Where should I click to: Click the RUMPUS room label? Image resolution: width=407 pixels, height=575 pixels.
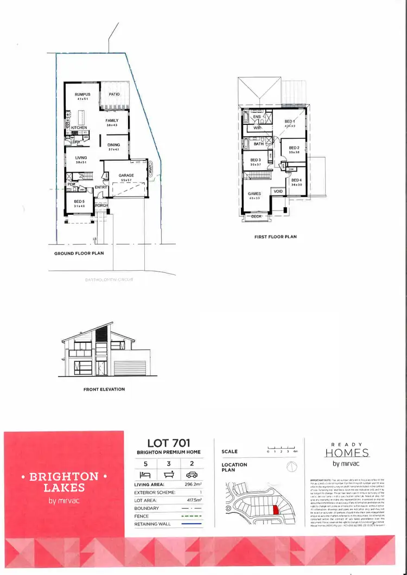(82, 94)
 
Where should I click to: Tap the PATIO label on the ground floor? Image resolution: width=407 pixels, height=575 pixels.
(114, 94)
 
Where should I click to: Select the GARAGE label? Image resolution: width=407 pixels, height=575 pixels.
(126, 176)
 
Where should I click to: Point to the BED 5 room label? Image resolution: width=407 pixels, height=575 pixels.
(79, 201)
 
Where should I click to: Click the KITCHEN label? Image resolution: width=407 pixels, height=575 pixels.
(79, 128)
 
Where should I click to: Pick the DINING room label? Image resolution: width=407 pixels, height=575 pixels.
(113, 145)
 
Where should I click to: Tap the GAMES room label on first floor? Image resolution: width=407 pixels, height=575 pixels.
(254, 194)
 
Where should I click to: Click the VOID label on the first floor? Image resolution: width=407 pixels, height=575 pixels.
(278, 191)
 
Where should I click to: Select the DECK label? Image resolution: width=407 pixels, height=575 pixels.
(257, 216)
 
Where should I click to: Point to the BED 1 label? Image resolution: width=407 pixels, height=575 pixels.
(289, 122)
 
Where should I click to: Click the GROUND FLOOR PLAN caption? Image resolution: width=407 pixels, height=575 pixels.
(79, 253)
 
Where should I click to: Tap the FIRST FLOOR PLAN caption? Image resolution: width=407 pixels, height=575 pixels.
(275, 237)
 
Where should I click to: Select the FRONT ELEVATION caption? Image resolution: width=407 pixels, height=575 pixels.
(104, 389)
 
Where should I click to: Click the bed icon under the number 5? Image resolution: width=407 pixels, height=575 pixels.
(145, 474)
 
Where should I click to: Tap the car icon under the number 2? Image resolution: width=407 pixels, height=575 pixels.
(191, 474)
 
